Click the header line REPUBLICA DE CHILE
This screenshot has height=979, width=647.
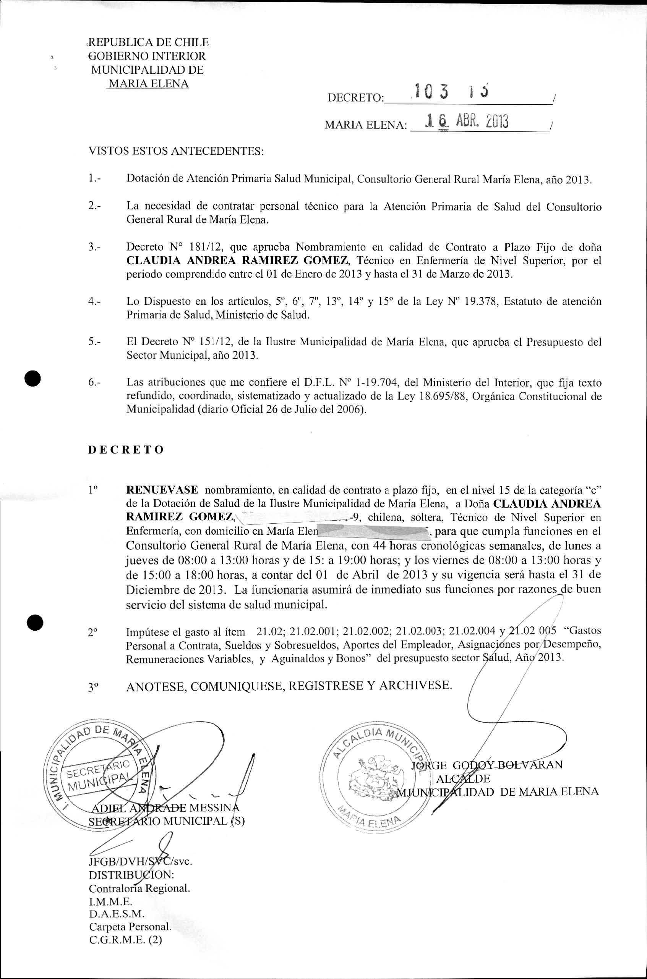pos(149,42)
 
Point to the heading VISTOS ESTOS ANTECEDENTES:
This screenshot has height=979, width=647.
pos(176,151)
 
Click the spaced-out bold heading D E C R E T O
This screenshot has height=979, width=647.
pos(126,450)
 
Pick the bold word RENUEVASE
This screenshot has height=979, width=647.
pos(162,490)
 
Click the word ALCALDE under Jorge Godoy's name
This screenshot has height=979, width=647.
pos(463,778)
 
